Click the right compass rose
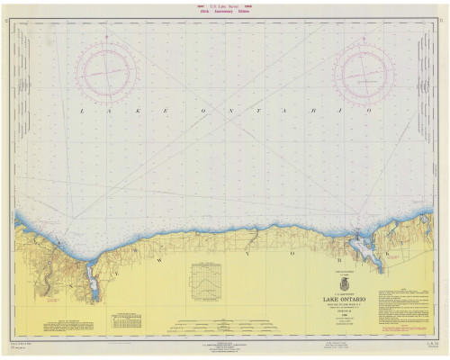[x=364, y=74]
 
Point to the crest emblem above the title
[x=341, y=284]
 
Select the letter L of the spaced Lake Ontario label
[x=82, y=111]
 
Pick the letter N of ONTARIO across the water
[x=229, y=112]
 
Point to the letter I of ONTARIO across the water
[x=340, y=112]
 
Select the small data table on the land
[x=128, y=320]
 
